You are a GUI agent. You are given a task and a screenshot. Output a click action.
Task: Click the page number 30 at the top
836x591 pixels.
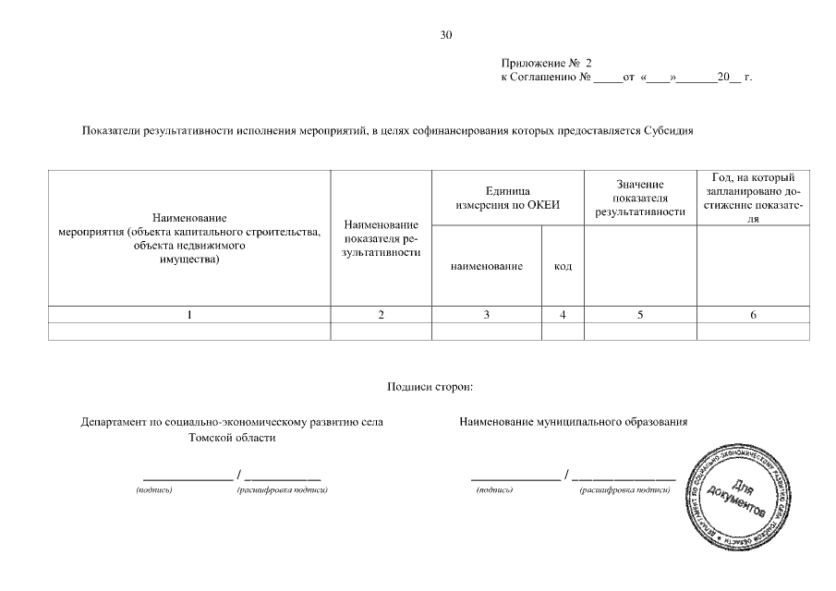click(x=446, y=36)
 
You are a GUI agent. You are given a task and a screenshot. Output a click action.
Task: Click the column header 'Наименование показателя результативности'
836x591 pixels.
click(x=381, y=238)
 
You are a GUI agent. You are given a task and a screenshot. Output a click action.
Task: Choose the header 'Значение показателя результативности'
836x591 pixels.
click(x=640, y=199)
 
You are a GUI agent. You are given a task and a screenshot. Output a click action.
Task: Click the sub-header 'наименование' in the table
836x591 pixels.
click(x=486, y=266)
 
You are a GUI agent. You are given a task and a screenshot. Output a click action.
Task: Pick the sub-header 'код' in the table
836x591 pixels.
click(x=563, y=266)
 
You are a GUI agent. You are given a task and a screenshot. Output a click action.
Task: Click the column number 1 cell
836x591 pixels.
click(x=189, y=315)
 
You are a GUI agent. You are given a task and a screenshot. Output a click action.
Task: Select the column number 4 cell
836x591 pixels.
click(x=563, y=315)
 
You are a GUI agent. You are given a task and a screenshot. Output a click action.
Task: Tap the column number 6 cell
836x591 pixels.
click(x=753, y=315)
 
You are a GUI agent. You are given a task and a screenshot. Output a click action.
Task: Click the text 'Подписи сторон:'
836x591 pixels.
click(x=430, y=386)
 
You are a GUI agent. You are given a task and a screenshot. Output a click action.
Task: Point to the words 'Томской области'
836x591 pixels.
click(x=232, y=438)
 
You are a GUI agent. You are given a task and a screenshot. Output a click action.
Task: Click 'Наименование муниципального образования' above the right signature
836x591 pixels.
click(x=574, y=422)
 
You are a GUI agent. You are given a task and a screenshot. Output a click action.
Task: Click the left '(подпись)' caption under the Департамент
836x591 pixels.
click(x=153, y=489)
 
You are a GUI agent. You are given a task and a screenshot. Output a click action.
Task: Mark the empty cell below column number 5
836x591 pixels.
click(x=640, y=332)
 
